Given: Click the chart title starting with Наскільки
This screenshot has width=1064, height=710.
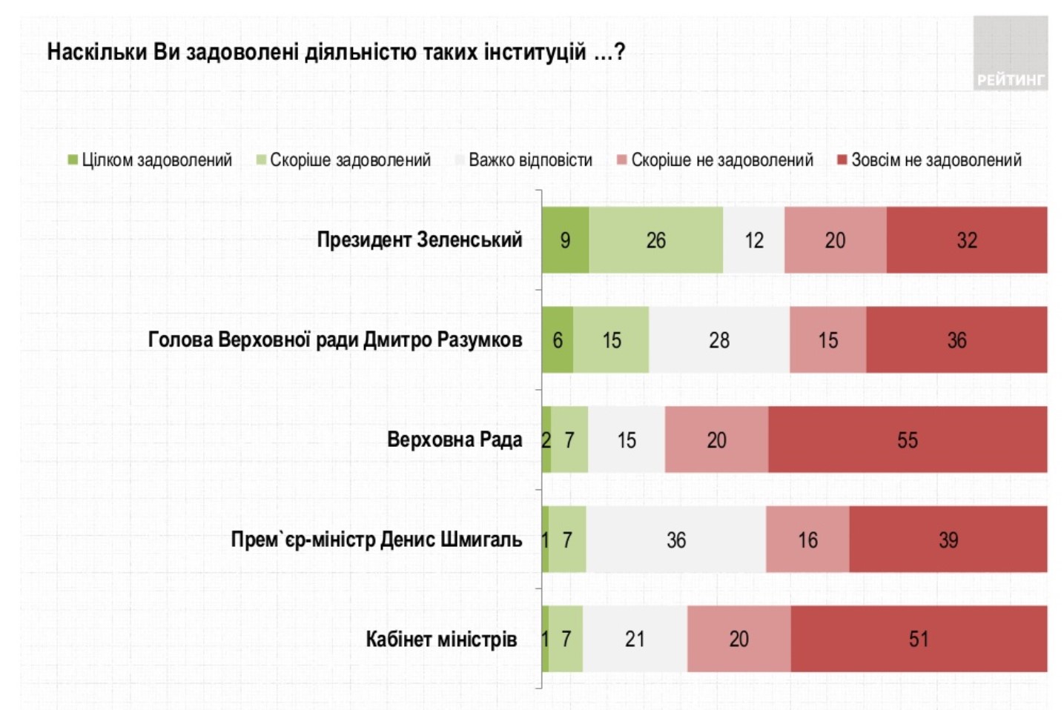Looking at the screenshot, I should pyautogui.click(x=336, y=53).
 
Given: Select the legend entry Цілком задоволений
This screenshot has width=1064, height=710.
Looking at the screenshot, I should pyautogui.click(x=150, y=160).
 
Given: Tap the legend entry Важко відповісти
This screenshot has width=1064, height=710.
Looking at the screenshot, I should pyautogui.click(x=523, y=160).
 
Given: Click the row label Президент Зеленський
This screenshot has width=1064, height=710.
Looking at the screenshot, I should pyautogui.click(x=419, y=240).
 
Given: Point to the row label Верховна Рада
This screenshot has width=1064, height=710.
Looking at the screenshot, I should pyautogui.click(x=454, y=439).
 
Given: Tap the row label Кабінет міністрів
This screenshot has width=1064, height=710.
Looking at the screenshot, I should pyautogui.click(x=440, y=639).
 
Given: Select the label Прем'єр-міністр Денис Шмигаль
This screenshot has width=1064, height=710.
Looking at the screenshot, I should pyautogui.click(x=376, y=540).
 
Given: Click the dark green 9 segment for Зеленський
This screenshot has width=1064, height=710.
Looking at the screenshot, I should pyautogui.click(x=565, y=240).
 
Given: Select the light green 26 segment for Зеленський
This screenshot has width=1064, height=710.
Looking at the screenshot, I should pyautogui.click(x=655, y=240).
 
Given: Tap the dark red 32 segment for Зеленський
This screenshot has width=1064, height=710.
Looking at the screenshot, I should pyautogui.click(x=966, y=240).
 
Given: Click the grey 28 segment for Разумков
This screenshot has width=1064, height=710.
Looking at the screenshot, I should pyautogui.click(x=718, y=340).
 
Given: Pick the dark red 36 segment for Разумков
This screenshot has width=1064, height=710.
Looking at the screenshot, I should pyautogui.click(x=956, y=340).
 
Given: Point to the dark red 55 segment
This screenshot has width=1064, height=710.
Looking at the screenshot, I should pyautogui.click(x=908, y=439).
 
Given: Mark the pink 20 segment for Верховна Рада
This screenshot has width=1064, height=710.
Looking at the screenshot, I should pyautogui.click(x=716, y=439).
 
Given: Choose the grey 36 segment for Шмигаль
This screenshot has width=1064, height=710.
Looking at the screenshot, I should pyautogui.click(x=675, y=540).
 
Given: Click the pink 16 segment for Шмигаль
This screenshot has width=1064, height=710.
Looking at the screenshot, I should pyautogui.click(x=807, y=540).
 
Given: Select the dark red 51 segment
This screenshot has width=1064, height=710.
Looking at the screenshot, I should pyautogui.click(x=919, y=639).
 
